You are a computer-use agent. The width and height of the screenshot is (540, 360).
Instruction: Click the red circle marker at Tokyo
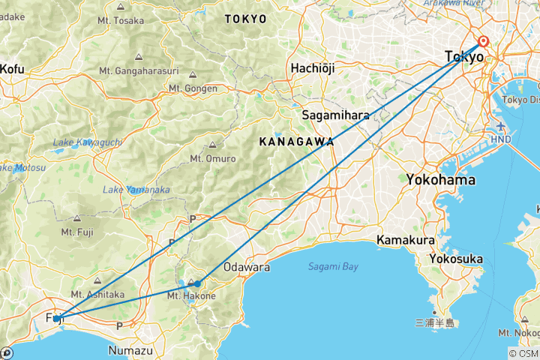coord(484,42)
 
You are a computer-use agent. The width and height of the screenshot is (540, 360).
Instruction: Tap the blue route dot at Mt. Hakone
coord(197,283)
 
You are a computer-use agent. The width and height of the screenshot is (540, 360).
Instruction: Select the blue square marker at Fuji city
coord(56,319)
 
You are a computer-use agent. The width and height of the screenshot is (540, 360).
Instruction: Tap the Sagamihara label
coord(335,115)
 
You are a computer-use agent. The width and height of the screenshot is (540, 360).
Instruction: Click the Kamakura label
coord(406,241)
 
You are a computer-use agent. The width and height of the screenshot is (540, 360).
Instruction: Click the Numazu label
coord(130,350)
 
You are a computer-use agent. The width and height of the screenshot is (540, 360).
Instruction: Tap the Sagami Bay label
coord(333,266)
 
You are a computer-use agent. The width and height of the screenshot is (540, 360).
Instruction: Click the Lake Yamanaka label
coord(136,189)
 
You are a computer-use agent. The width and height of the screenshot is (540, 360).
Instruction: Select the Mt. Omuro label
coord(213,158)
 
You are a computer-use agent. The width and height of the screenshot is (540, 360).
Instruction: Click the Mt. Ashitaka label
coord(97,294)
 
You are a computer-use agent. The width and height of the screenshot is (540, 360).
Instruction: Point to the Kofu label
coord(13,68)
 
